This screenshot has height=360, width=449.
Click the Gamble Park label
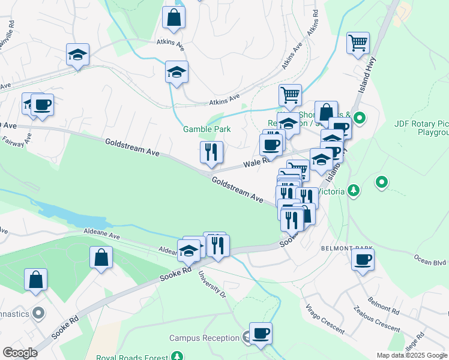pos(207,128)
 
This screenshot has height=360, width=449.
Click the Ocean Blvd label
pos(430,262)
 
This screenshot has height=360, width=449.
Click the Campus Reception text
pos(204,338)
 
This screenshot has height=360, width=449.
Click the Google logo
pos(20,353)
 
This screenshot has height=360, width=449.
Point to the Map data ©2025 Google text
pos(412,355)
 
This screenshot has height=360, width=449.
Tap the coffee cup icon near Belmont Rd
pos(363,260)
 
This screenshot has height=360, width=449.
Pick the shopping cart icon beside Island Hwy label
pos(358,43)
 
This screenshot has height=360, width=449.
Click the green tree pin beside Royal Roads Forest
pos(177,356)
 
